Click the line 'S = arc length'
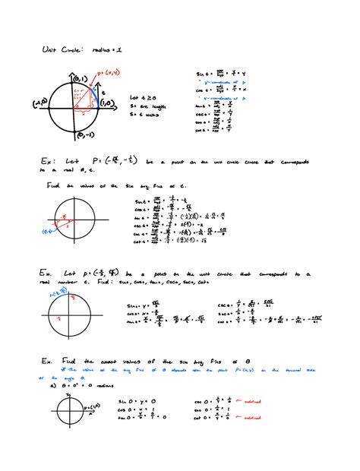pos(147,107)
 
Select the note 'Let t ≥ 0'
pos(141,98)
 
